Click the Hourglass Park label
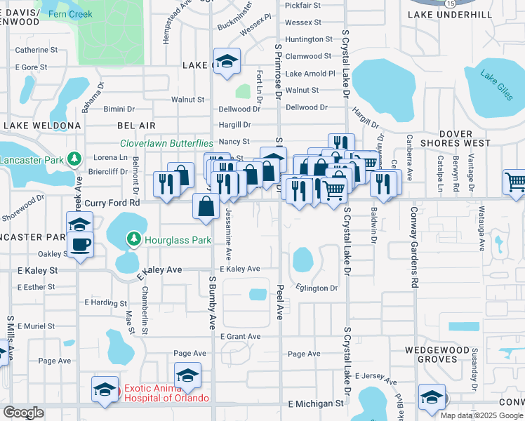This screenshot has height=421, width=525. point(178,240)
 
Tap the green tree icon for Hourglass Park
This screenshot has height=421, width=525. point(133,240)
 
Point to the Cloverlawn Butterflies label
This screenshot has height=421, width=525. point(166,143)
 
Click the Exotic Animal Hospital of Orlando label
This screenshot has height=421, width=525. point(166,393)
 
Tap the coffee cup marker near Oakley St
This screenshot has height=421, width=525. point(79,246)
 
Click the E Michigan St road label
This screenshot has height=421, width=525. point(317,404)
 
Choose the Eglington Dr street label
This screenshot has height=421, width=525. point(317,288)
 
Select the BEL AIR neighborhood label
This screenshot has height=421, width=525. point(136,125)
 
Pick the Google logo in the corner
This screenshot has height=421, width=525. point(23,413)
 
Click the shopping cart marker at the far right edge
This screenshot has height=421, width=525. point(516,182)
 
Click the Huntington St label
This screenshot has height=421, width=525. point(309,39)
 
